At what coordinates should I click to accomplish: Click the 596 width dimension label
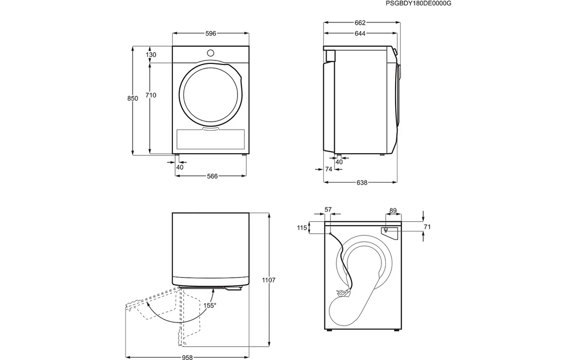coord(211,34)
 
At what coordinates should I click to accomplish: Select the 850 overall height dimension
coord(132,98)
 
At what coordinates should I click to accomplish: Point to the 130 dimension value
coord(151,55)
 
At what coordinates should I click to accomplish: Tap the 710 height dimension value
coord(151,95)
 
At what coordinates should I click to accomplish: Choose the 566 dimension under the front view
coord(212,176)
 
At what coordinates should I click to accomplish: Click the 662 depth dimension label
coord(361,23)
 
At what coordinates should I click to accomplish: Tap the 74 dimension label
coord(329,169)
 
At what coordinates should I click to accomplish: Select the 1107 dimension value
coord(268,281)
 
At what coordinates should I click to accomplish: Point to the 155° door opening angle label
coord(210,305)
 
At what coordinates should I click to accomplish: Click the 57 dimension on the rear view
coord(328,210)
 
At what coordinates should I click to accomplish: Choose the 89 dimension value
coord(393,210)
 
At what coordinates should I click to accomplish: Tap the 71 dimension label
coord(427,227)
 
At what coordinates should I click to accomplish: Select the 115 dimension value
coord(302,228)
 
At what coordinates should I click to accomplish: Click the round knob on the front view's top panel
coord(210,53)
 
